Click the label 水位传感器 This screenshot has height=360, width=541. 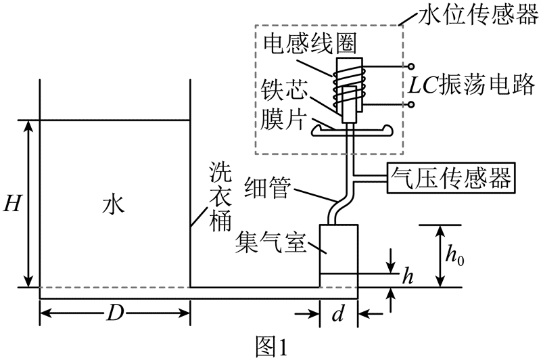click(472, 14)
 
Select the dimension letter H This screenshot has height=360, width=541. click(11, 202)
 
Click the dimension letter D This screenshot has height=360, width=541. click(114, 313)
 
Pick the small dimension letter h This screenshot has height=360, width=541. click(407, 275)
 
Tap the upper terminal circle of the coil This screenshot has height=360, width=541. click(411, 67)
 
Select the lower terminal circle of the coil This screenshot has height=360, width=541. click(411, 105)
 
